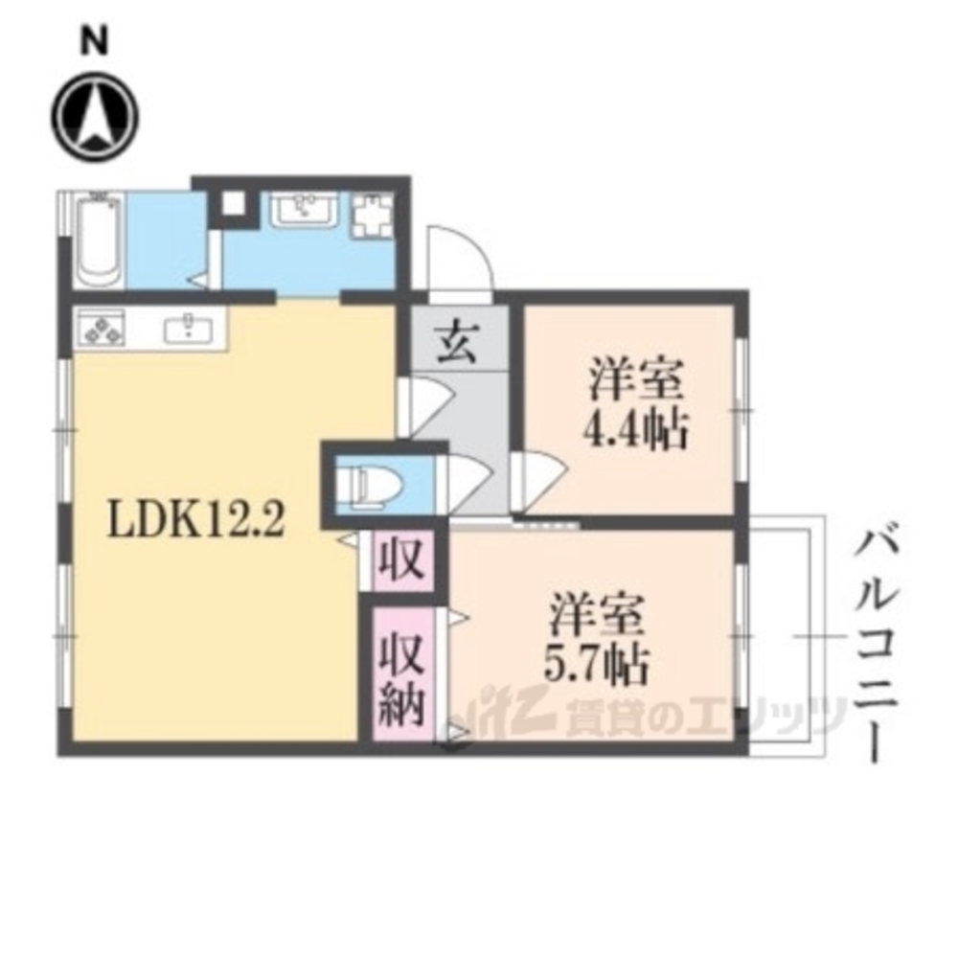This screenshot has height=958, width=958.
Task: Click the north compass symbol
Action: pos(95,117)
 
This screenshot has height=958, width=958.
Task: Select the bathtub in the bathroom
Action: pos(99,240)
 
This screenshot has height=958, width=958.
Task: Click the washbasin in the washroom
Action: pos(304,210)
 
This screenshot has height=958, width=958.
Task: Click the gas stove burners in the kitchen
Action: pos(101,329)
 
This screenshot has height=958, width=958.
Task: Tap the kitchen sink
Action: pos(189,330)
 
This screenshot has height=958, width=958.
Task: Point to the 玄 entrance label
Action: pos(458,341)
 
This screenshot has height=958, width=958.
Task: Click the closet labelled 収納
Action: pos(403,673)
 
